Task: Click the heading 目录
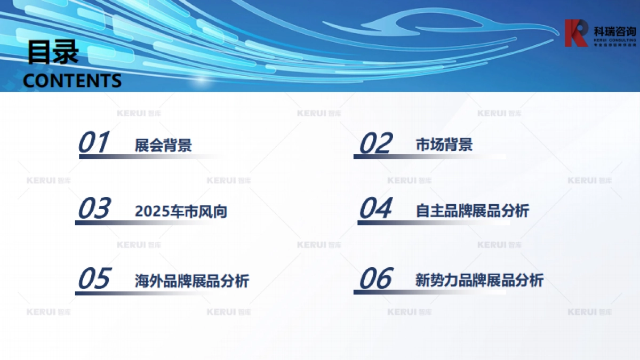point(53,53)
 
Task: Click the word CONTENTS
point(73,81)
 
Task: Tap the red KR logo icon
point(577,33)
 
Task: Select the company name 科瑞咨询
point(614,29)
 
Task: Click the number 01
point(94,142)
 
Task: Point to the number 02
point(376,143)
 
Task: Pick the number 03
point(94,209)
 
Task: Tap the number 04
point(376,209)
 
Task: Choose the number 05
point(94,279)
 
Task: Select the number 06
point(376,279)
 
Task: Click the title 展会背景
point(163,145)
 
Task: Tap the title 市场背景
point(444,145)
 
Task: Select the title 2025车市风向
point(181,211)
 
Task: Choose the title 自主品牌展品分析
point(472,211)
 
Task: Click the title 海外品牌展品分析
point(191,281)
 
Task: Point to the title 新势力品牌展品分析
point(479,281)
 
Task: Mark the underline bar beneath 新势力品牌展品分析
point(427,292)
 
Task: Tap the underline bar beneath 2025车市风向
point(144,223)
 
